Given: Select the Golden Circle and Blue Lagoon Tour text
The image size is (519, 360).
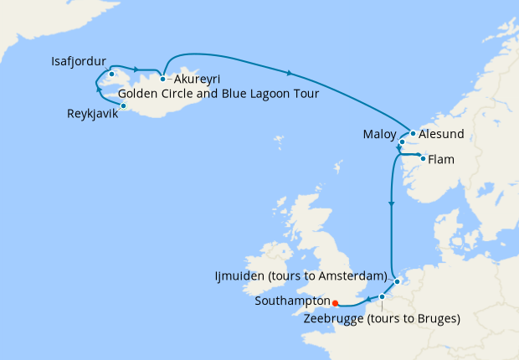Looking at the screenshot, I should (218, 93).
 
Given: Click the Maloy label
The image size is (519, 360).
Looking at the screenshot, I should (379, 134).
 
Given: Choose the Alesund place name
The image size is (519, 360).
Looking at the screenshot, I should (443, 134).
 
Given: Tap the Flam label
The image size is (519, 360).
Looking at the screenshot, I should (442, 158).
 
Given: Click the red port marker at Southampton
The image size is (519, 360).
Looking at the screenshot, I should (334, 303).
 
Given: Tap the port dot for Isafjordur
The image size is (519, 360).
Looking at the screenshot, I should (111, 75).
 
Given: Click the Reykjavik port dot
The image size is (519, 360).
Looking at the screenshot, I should (123, 105).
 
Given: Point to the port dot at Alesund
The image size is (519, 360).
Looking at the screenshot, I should (413, 133).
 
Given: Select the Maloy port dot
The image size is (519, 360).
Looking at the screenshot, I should (403, 142).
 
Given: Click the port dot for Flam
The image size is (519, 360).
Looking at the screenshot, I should (423, 158).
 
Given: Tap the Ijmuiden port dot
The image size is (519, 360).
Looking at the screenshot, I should (397, 281).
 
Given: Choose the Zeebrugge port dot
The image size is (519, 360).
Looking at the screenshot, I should (382, 296).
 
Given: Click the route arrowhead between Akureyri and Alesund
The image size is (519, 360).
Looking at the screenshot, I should (289, 74).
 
